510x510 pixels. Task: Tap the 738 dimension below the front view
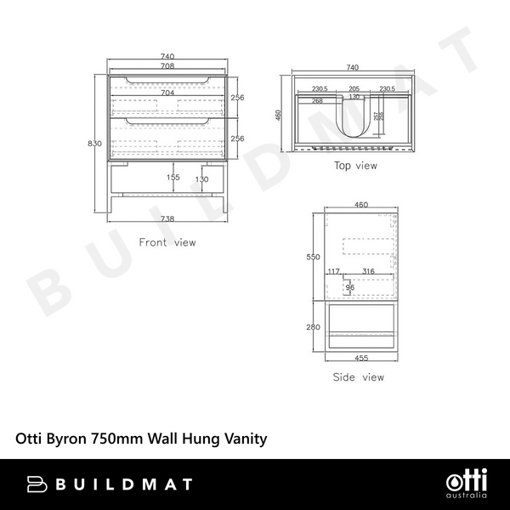(x=167, y=218)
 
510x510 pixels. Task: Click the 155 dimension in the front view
(x=173, y=178)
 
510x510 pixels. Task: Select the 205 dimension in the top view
(x=354, y=88)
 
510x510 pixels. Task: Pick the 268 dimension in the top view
(x=317, y=100)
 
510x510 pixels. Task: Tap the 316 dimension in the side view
(x=368, y=271)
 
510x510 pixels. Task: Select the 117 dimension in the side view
(x=333, y=271)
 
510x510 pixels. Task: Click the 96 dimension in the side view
(x=349, y=287)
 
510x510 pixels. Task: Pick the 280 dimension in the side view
(x=314, y=326)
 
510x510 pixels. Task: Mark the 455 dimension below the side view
(x=361, y=360)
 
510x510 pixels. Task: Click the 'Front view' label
(x=167, y=242)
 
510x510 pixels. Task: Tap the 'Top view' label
(x=355, y=166)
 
